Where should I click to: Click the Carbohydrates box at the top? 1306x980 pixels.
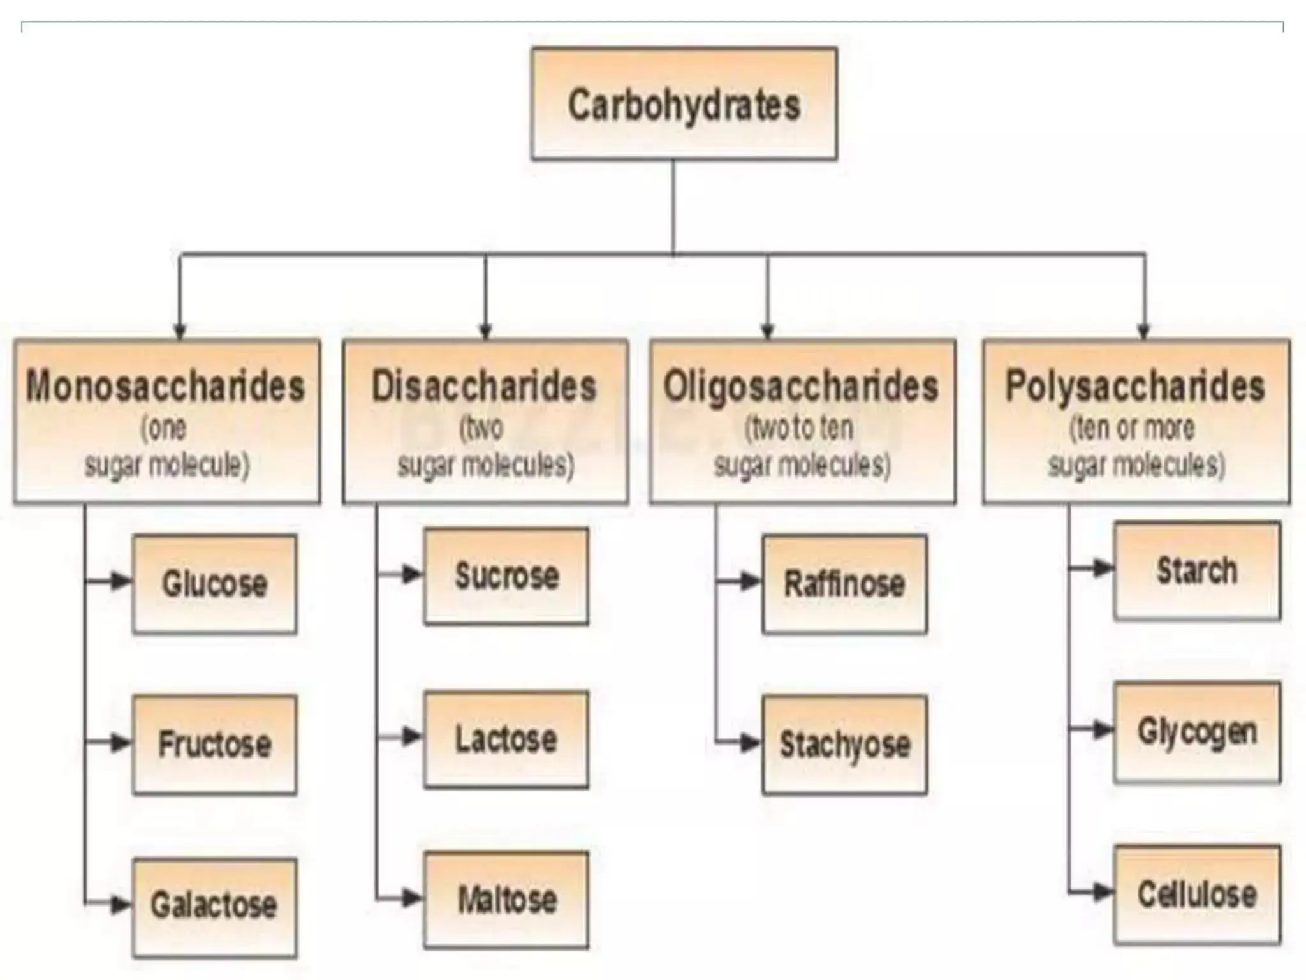point(684,104)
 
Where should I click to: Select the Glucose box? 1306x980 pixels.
point(214,584)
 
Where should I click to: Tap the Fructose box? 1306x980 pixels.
point(214,744)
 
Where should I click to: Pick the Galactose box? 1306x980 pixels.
point(214,906)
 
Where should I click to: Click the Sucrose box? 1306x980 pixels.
point(506,575)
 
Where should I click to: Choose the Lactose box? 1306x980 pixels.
point(506,739)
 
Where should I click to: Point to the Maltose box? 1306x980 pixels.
point(506,900)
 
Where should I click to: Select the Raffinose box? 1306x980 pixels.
point(844,584)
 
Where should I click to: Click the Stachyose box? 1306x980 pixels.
point(844,744)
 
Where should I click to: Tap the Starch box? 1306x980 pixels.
point(1197,570)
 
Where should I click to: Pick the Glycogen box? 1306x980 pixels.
point(1197,732)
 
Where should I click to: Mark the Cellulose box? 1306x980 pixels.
point(1197,895)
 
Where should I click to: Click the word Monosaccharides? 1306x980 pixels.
point(166,386)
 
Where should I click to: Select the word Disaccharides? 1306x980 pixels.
point(484,386)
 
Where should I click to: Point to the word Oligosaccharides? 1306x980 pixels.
point(801,386)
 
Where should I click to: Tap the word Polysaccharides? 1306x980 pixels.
point(1135,386)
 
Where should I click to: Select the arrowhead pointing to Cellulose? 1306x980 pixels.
point(1102,892)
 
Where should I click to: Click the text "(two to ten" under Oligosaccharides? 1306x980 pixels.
point(800,427)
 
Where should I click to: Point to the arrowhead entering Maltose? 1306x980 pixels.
point(412,898)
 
